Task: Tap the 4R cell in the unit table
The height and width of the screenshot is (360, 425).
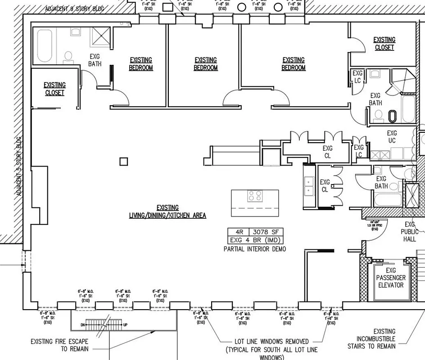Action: (x=239, y=232)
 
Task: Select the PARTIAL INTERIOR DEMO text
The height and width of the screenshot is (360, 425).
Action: (x=254, y=248)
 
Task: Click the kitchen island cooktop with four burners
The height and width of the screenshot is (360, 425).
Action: (x=255, y=196)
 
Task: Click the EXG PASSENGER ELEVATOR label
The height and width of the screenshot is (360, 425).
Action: (x=390, y=278)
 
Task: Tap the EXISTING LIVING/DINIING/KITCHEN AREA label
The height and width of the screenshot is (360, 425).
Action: (x=167, y=211)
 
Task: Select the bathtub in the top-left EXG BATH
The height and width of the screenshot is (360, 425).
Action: (x=45, y=45)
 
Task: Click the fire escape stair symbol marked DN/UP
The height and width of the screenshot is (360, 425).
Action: (x=104, y=324)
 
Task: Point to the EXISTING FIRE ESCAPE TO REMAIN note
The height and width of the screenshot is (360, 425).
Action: (x=59, y=345)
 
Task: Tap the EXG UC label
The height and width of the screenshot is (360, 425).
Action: (x=392, y=137)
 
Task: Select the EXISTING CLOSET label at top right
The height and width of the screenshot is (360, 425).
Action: (x=384, y=43)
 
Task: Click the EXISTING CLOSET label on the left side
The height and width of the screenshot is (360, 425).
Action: (x=54, y=89)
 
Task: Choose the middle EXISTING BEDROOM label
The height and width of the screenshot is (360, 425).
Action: (x=206, y=64)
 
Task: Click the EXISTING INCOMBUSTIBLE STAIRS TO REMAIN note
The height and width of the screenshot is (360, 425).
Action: (x=371, y=338)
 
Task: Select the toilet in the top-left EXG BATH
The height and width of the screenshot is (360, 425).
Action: (x=68, y=56)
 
